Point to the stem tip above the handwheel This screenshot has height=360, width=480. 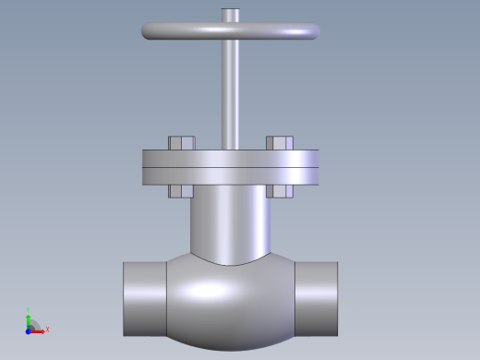[x=230, y=15]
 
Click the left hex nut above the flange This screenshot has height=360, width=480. [x=181, y=143]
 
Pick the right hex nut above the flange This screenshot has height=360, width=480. [x=280, y=143]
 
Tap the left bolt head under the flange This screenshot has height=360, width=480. [x=180, y=192]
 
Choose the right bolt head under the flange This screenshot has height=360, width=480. [x=281, y=192]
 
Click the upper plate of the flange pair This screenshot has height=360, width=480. [x=231, y=158]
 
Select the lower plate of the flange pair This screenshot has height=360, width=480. [x=231, y=176]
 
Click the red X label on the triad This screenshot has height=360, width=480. [x=47, y=329]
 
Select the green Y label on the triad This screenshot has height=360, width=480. [x=29, y=310]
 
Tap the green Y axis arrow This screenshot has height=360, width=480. [x=29, y=320]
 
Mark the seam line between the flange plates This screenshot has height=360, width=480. [x=231, y=167]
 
